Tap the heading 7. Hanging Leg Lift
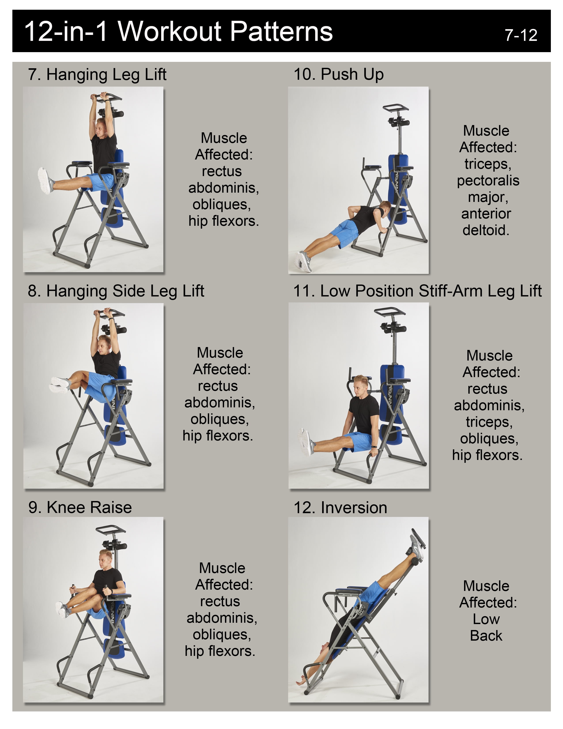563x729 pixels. click(x=97, y=75)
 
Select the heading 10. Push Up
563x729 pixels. click(x=338, y=74)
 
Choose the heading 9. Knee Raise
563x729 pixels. click(x=80, y=507)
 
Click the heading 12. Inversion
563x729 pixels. click(x=340, y=508)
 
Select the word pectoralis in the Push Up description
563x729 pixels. click(x=488, y=180)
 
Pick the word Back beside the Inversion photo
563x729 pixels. click(x=486, y=636)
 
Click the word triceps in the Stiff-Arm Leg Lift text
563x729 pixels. click(x=489, y=422)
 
